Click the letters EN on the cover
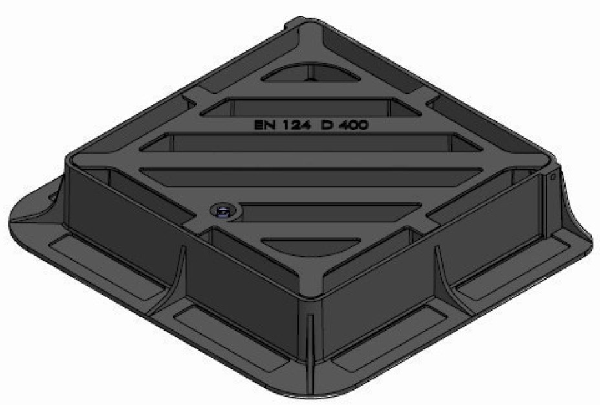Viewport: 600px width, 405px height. coord(265,125)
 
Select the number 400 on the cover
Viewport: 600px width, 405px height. coord(354,125)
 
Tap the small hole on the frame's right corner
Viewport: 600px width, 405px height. coord(553,175)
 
